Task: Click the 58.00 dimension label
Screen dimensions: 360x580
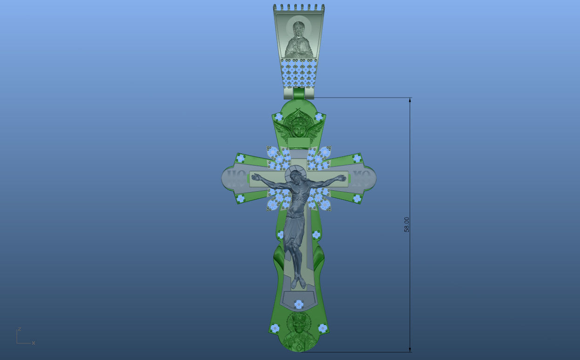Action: pos(406,225)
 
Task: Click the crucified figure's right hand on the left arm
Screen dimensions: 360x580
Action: pos(255,177)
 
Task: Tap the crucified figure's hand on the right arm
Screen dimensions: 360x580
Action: pos(343,178)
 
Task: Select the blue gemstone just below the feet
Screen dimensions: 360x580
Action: pos(299,304)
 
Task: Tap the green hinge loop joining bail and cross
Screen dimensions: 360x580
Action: pos(298,93)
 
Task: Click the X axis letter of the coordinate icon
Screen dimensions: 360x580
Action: pos(34,343)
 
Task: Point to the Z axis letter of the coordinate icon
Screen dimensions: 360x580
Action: pos(19,329)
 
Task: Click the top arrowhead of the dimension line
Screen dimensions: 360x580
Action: pos(410,100)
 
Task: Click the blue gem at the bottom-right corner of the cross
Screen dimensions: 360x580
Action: pos(323,328)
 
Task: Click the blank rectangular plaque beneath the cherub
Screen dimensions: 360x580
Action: pos(299,143)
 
